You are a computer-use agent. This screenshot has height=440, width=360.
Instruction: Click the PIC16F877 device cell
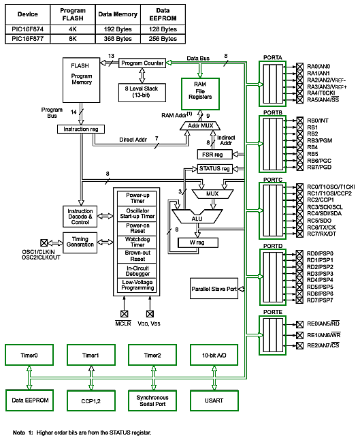click(28, 39)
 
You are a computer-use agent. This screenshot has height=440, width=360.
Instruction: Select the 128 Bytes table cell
click(163, 29)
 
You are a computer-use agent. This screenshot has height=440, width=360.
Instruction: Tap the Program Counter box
click(142, 63)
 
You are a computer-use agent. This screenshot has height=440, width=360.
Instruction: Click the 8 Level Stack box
click(142, 93)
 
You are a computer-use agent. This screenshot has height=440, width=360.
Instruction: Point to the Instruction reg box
click(81, 129)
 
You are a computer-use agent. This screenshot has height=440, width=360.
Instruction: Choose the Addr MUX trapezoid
click(200, 126)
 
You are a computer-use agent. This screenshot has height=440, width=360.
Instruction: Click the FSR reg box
click(215, 155)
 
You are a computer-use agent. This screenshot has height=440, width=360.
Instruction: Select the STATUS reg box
click(215, 169)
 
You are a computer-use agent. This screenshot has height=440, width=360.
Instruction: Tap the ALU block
click(197, 217)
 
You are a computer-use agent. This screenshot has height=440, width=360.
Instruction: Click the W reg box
click(198, 242)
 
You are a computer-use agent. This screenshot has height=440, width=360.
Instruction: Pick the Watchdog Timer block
click(137, 242)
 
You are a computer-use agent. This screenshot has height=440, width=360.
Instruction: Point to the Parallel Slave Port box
click(214, 289)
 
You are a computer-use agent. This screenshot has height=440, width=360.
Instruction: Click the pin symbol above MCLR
click(125, 314)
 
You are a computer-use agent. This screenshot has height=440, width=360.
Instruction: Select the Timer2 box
click(152, 355)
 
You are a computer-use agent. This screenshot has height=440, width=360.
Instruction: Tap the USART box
click(214, 400)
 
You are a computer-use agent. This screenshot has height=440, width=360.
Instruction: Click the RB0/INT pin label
click(318, 121)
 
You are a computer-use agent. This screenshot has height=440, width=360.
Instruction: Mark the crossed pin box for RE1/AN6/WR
click(299, 335)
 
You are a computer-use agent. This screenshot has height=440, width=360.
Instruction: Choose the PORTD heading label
click(273, 246)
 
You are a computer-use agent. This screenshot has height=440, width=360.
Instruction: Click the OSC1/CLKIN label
click(38, 252)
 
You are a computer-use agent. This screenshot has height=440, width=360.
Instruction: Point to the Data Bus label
click(198, 58)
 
